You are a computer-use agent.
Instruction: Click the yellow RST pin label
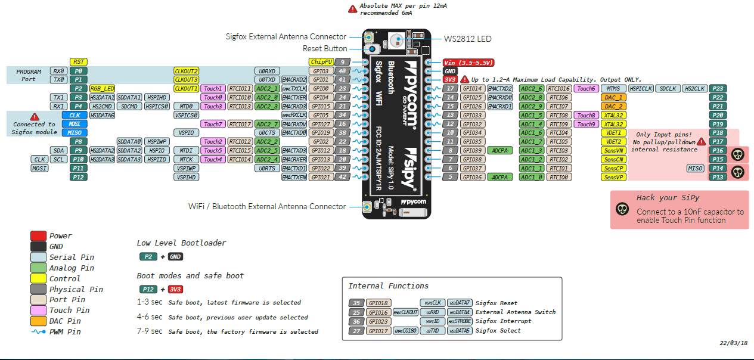point(78,61)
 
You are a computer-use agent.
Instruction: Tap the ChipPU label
point(320,62)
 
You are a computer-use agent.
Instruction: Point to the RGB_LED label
point(102,88)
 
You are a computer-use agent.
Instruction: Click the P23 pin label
point(718,88)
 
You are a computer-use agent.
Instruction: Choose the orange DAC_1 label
point(613,97)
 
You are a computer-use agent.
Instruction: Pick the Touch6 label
point(585,88)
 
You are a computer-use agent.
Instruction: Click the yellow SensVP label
point(613,177)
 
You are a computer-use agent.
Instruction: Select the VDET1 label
point(613,133)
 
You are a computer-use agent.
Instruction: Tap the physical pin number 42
point(342,177)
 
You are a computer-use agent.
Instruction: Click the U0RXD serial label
point(266,71)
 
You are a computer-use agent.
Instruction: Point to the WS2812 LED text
point(467,39)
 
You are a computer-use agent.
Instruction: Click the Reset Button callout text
point(325,49)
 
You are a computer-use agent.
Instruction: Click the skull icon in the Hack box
point(622,209)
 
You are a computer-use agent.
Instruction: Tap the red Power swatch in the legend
point(38,235)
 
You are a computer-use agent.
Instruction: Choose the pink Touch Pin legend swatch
point(38,310)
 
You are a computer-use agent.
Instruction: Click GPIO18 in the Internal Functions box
point(378,303)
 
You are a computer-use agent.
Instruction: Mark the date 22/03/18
point(734,343)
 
